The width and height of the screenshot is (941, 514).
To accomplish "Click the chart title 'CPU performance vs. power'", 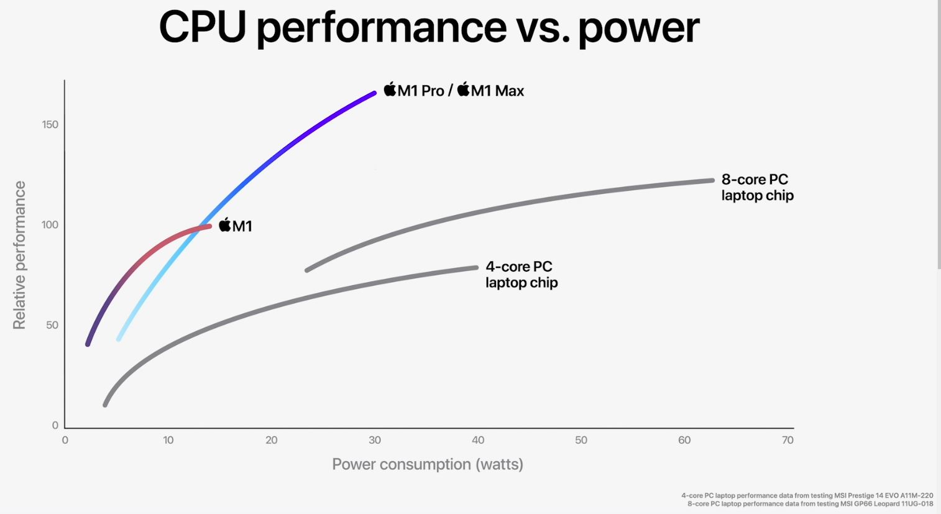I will click(429, 27).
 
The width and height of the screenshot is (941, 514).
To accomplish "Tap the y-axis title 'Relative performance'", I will click(19, 255).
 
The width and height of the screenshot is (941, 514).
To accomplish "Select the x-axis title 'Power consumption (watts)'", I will click(428, 464).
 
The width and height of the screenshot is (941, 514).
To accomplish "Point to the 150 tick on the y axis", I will click(50, 124).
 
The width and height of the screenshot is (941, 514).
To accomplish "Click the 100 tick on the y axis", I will click(50, 224).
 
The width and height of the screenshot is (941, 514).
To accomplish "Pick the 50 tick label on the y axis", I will click(52, 325).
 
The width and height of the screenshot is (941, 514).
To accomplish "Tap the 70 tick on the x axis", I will click(787, 440).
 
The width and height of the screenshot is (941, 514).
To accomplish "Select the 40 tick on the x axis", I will click(478, 440).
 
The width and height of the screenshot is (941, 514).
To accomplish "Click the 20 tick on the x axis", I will click(272, 440).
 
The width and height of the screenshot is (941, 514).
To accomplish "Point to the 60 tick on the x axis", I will click(684, 440).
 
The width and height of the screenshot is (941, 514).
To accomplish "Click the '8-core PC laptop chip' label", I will click(757, 187).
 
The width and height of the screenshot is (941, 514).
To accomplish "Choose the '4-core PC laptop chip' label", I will click(521, 274).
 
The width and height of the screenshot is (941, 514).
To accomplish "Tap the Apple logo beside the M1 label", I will click(225, 224).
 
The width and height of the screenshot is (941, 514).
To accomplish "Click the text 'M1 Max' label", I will click(497, 91).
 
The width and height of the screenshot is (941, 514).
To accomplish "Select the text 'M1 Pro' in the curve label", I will click(421, 91).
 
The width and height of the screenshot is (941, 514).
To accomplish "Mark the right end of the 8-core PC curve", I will click(712, 180).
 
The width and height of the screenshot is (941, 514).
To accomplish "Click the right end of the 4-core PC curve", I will click(476, 267).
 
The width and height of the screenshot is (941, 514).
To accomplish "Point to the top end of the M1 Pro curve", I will click(374, 93).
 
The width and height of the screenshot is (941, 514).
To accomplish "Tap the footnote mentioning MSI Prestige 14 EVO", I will click(807, 495).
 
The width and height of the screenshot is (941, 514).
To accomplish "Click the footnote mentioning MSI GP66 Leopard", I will click(810, 503).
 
